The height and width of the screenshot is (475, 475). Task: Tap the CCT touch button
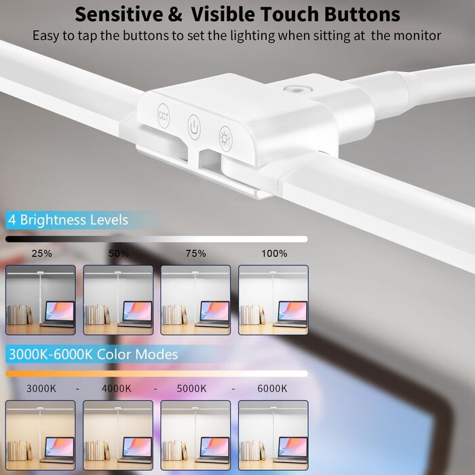164,116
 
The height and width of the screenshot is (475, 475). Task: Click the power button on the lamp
194,127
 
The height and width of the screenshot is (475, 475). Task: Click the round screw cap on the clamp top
298,90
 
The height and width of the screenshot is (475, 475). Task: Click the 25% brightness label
41,253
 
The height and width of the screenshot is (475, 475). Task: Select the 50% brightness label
119,253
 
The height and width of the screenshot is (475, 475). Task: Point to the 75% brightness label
195,253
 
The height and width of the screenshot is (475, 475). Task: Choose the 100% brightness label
274,253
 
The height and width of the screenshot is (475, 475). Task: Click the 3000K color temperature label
41,388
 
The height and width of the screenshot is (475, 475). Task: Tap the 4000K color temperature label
117,388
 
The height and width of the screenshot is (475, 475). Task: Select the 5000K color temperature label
191,388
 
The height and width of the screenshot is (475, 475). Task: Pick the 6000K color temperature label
272,388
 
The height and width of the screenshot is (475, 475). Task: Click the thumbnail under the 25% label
41,300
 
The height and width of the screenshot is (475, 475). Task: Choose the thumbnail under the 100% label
273,300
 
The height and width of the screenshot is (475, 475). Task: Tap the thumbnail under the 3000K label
41,436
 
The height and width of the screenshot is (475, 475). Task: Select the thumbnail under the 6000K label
273,436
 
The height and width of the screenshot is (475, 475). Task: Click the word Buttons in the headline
362,14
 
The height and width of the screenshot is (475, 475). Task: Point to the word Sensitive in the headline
119,14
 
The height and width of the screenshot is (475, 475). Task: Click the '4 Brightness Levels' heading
68,220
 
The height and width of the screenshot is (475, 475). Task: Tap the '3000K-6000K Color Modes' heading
94,354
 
